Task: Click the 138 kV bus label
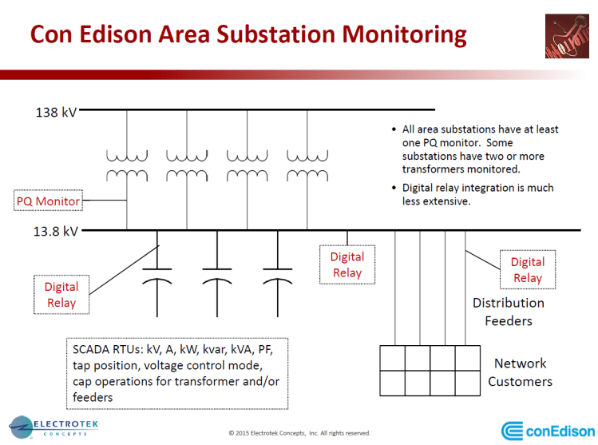coord(56,113)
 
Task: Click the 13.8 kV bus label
coord(57,232)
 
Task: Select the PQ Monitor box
coord(49,201)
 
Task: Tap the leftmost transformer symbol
coord(127,165)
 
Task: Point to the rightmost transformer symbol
coord(307,165)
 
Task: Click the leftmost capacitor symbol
coord(156,275)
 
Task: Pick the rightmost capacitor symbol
coord(276,275)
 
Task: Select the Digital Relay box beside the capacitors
coord(61,294)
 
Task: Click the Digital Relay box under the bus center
coord(347,264)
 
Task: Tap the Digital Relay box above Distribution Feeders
coord(527,269)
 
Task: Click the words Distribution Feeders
coord(508,312)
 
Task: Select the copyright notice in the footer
coord(299,433)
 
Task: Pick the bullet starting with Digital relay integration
coord(477,195)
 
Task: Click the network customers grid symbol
coord(430,370)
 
